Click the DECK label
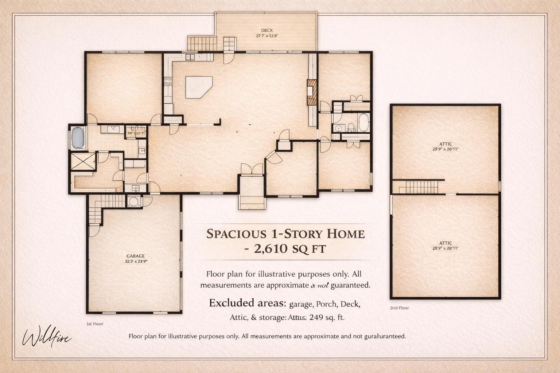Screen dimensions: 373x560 (267, 30)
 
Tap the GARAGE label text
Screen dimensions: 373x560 (136, 256)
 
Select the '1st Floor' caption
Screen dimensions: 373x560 (95, 324)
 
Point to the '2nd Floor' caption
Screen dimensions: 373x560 (399, 308)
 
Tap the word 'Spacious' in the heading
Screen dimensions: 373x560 (236, 233)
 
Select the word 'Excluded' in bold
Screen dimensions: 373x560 (232, 303)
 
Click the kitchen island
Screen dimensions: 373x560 (198, 87)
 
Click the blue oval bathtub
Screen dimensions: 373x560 (78, 137)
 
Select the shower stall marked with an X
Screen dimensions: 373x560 (83, 161)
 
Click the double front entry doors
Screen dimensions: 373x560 (252, 169)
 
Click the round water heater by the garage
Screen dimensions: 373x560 (134, 201)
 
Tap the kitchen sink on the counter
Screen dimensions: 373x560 (190, 57)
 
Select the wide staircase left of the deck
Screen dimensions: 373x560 (201, 43)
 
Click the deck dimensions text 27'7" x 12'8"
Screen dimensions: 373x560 (267, 36)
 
